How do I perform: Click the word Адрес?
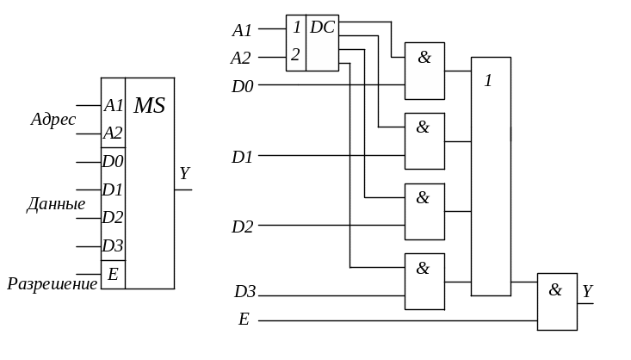point(53,120)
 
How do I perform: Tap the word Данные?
point(56,205)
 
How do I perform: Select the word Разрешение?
point(53,283)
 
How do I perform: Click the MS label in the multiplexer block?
point(150,106)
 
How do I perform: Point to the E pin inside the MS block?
point(113,275)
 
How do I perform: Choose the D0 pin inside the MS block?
point(113,161)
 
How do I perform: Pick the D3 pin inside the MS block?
point(113,245)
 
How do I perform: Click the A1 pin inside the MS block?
point(113,106)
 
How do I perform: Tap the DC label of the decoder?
point(322,27)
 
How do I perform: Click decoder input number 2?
point(295,55)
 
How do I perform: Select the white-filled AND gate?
point(424,71)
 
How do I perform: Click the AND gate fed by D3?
point(424,282)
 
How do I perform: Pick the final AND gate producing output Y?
point(557,301)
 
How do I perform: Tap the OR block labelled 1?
point(491,177)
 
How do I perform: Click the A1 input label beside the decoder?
point(242,30)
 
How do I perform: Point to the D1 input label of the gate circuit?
point(242,158)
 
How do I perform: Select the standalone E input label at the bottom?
point(244,320)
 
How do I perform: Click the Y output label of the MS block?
point(184,174)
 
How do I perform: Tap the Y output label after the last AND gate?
point(587,291)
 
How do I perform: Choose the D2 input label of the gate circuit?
point(242,227)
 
